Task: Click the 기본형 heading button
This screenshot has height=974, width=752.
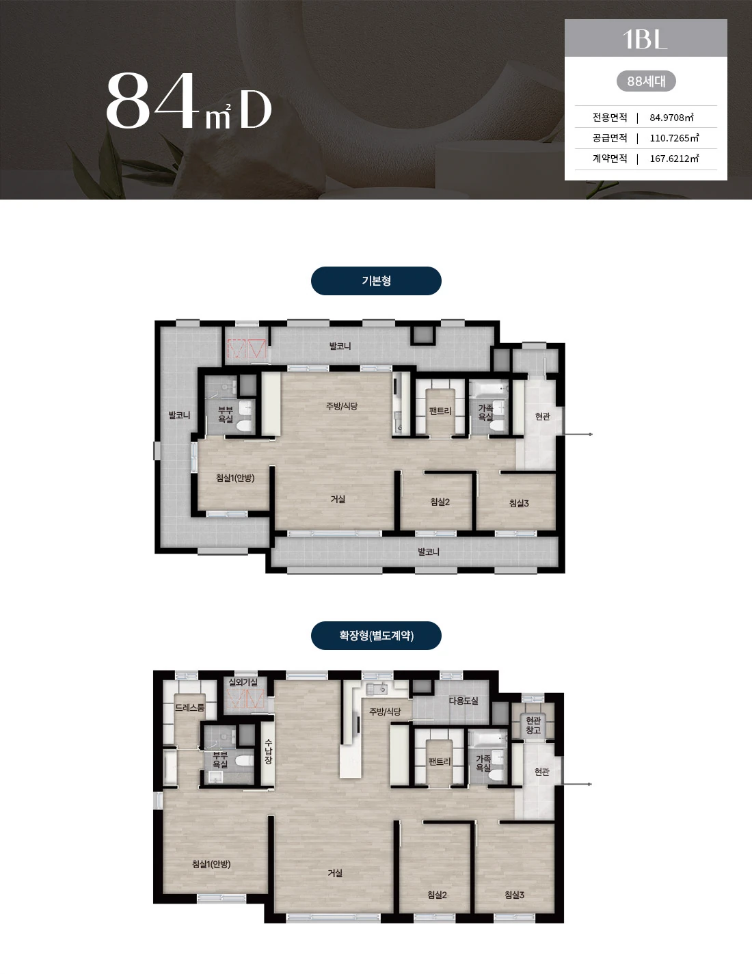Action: click(x=376, y=281)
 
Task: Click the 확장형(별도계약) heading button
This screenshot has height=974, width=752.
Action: click(x=376, y=636)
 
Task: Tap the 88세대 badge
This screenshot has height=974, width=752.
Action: click(x=646, y=81)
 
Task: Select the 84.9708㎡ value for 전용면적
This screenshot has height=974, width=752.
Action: click(x=672, y=118)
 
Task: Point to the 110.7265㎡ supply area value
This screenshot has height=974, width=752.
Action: click(x=674, y=138)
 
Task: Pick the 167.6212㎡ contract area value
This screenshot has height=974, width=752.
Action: click(x=674, y=159)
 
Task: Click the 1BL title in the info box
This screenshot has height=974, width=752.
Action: click(x=645, y=39)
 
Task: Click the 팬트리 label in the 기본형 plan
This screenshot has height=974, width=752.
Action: click(x=440, y=411)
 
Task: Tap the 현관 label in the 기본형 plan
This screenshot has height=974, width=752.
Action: click(x=542, y=416)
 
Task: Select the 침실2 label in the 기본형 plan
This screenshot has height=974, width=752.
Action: click(x=440, y=502)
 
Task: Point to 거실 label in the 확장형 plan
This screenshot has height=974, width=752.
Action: click(x=335, y=873)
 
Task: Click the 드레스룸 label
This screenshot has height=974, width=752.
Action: click(x=189, y=707)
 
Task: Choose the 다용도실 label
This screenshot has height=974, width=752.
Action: click(x=464, y=701)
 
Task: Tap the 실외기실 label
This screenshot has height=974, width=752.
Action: click(x=243, y=682)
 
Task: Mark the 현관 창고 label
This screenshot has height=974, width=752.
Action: click(x=533, y=725)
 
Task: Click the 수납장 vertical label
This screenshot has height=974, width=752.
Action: click(x=268, y=751)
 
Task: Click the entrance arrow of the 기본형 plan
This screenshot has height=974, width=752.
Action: click(x=578, y=434)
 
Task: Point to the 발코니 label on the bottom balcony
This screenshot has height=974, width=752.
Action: click(x=429, y=552)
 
